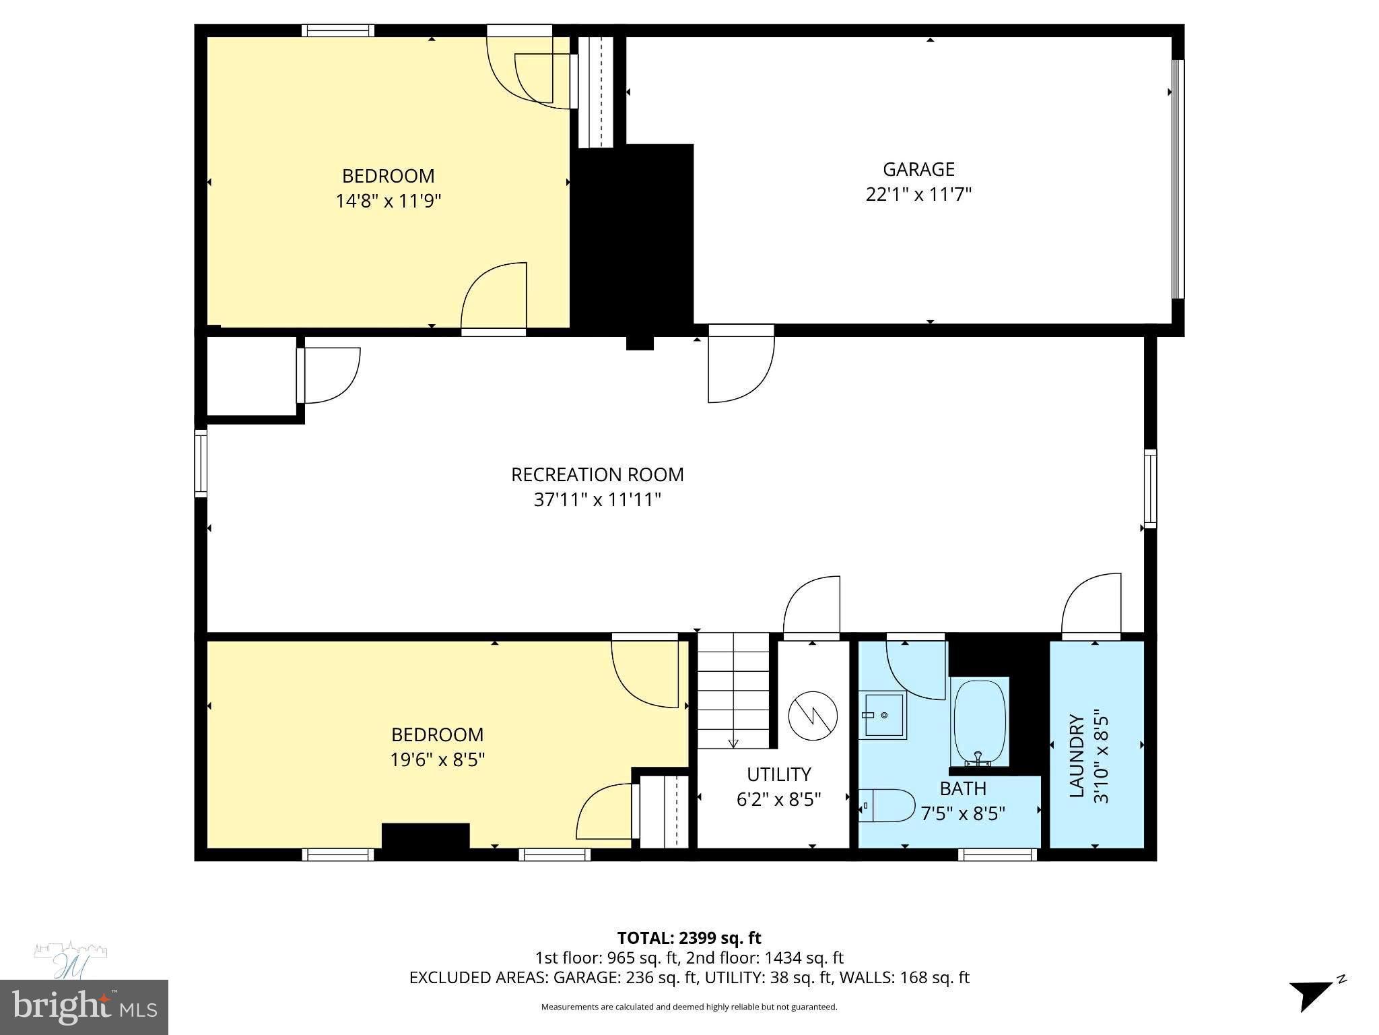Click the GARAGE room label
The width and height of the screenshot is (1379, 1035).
[x=918, y=169]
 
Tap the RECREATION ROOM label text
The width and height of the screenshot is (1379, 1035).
[x=597, y=475]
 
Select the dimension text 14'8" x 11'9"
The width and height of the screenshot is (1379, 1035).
[x=389, y=201]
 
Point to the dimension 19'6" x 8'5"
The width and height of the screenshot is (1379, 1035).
[x=438, y=759]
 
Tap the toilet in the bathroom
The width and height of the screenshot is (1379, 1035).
[x=887, y=805]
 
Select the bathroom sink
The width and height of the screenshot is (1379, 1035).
[x=883, y=715]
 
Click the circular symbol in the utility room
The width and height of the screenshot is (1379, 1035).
[x=813, y=716]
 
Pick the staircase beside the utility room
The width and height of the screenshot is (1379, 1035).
[x=733, y=691]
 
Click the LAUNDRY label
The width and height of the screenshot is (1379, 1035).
[x=1077, y=756]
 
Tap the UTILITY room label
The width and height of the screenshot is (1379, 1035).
[x=778, y=774]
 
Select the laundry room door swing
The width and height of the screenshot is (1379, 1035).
[x=1091, y=604]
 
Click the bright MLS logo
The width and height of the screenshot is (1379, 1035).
[x=83, y=1007]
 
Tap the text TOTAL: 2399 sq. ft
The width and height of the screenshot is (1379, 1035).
[x=689, y=938]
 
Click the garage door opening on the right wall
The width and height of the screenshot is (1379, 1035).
[x=1178, y=179]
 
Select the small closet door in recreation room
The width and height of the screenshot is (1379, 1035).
[x=330, y=375]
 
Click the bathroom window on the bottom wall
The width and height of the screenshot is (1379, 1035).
[x=997, y=854]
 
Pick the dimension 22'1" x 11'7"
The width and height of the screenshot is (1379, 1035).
[x=918, y=195]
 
